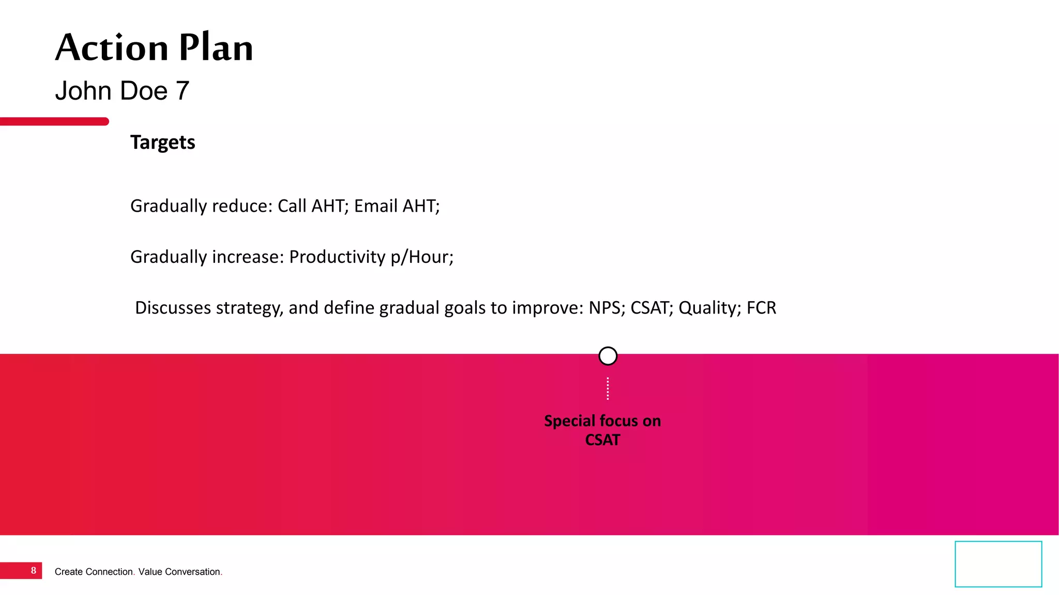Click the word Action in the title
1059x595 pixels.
(x=112, y=48)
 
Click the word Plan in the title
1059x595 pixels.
(x=216, y=48)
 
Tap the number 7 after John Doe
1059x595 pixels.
(x=182, y=91)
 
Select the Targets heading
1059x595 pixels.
(x=162, y=142)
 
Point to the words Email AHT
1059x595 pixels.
(x=396, y=206)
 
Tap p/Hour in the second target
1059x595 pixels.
(x=421, y=257)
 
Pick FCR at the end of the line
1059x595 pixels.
(x=761, y=308)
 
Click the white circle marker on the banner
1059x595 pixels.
(x=608, y=356)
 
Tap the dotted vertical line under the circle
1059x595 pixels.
(x=608, y=388)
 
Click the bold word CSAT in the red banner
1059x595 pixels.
(x=602, y=440)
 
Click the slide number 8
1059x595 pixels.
(x=34, y=571)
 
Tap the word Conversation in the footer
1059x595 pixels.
(x=192, y=572)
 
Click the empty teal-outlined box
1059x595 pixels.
(x=998, y=564)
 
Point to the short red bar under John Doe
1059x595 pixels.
(x=54, y=121)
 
